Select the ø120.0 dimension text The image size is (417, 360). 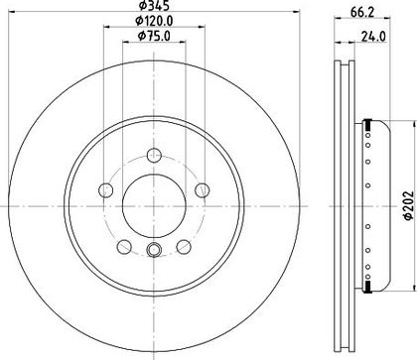[x=154, y=21]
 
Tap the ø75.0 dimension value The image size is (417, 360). [x=154, y=36]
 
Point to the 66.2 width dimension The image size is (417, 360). [x=362, y=12]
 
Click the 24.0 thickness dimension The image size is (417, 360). [x=373, y=37]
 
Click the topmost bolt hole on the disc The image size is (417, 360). [x=154, y=156]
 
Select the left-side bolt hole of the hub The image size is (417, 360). [x=106, y=190]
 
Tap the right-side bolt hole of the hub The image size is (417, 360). [x=202, y=190]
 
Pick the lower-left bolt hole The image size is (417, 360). [x=124, y=247]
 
